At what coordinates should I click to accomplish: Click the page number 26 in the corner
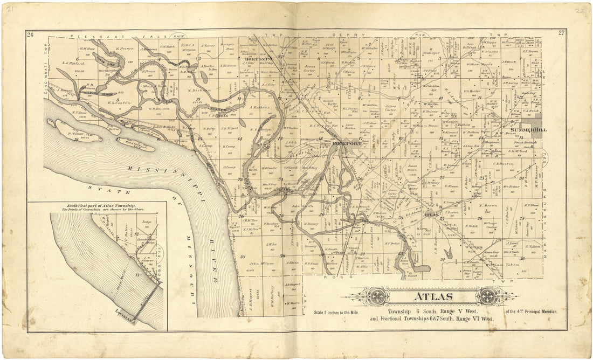point(30,34)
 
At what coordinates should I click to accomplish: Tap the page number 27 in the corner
point(561,33)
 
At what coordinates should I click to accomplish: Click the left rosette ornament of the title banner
point(377,296)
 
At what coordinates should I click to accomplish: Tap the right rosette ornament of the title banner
point(488,296)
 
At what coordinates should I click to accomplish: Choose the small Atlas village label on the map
point(430,215)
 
